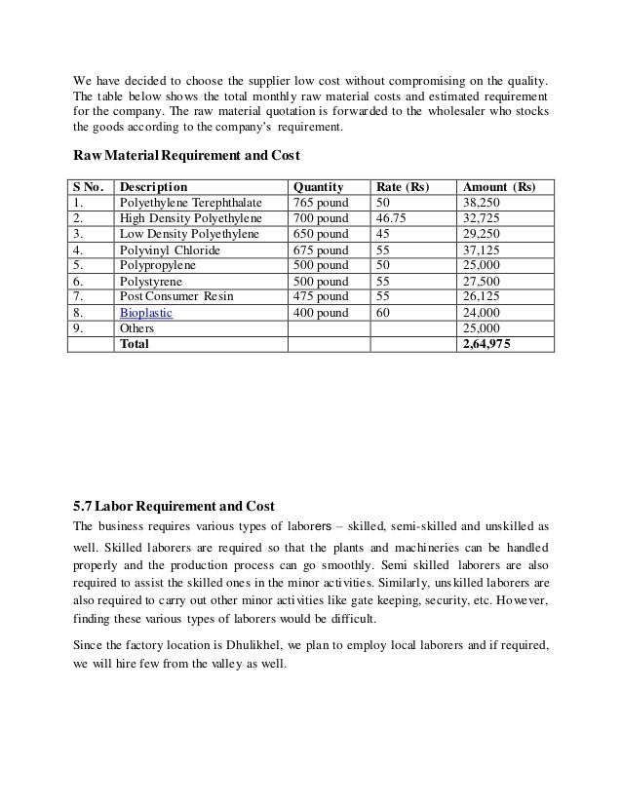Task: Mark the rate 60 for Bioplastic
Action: coord(383,313)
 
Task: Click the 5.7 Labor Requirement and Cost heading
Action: coord(175,506)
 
